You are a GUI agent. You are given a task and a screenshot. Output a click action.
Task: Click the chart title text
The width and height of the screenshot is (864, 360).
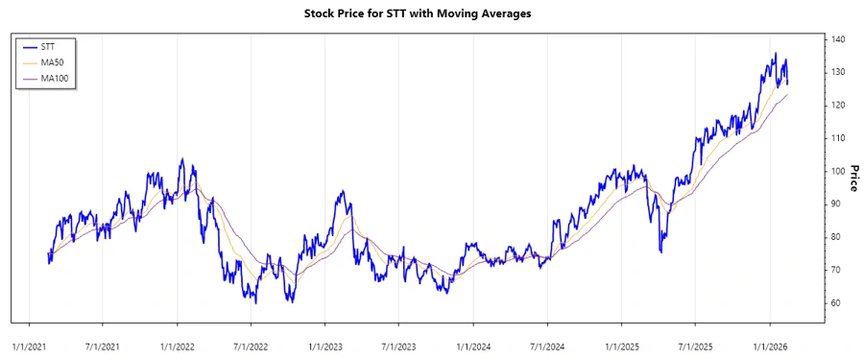431,13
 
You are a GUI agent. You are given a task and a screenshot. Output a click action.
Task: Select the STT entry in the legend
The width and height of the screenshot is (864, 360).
48,45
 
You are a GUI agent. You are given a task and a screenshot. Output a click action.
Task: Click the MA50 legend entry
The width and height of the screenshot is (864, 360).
53,61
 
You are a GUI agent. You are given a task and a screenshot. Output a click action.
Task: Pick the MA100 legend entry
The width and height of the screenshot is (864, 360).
55,78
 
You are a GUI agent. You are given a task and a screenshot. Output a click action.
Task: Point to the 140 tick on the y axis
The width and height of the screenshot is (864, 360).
838,39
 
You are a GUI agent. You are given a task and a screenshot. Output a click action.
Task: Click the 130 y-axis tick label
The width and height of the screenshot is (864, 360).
838,72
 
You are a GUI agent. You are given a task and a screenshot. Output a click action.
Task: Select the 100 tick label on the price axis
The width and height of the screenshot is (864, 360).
838,171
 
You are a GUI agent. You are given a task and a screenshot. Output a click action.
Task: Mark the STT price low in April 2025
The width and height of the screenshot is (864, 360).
660,252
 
